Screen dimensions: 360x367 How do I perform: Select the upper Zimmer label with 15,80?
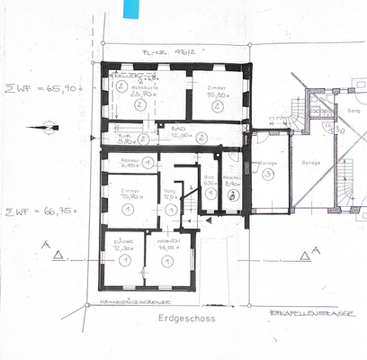point(218,87)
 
